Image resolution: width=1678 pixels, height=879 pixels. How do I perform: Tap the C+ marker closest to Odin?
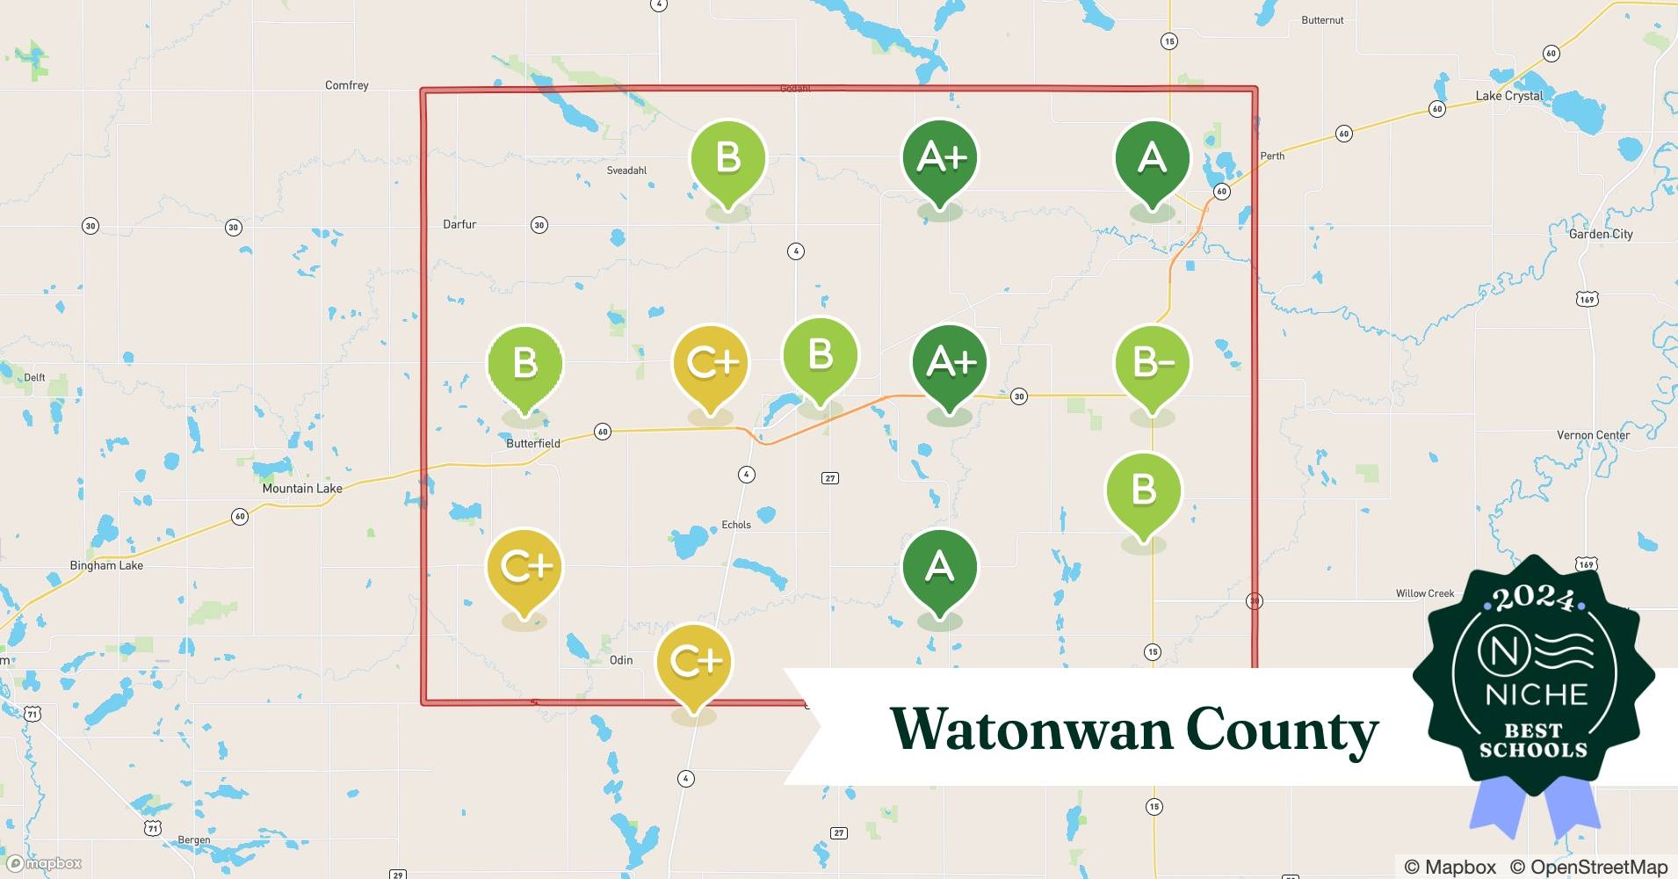pos(694,662)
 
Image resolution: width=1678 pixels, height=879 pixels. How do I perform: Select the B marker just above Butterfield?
pos(524,364)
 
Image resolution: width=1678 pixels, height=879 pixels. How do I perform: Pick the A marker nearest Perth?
pos(1152,159)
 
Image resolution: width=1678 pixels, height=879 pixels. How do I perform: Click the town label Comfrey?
pos(346,85)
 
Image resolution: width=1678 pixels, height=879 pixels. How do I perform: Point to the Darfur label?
pos(459,224)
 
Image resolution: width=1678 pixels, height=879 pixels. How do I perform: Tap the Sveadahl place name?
pos(626,171)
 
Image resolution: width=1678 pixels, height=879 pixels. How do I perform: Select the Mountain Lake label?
pos(302,488)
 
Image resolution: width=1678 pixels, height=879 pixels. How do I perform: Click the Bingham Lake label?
pos(106,565)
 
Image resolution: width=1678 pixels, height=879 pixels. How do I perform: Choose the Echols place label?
pos(736,525)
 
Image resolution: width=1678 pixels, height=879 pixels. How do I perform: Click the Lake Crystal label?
pos(1508,96)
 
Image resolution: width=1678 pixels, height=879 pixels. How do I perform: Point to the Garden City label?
pos(1601,234)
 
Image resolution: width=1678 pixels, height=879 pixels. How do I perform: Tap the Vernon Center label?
pos(1593,435)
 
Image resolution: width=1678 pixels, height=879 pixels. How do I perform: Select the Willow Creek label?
pos(1424,593)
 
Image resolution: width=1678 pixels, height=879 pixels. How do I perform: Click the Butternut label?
pos(1322,20)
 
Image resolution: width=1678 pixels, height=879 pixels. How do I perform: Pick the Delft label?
pos(34,377)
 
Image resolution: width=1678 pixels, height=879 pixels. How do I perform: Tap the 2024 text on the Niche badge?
pos(1533,599)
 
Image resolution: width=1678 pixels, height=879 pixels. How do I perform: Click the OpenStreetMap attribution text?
pos(1588,867)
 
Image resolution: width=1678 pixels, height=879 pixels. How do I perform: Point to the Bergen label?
pos(194,839)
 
